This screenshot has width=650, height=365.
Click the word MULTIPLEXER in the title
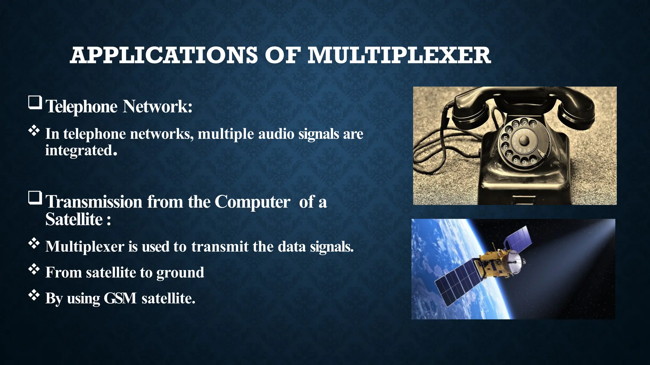[x=399, y=55]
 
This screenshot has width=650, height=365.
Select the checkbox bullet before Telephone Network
[x=35, y=103]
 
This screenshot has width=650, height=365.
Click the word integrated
[x=81, y=150]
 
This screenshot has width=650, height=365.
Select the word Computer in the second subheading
[x=252, y=202]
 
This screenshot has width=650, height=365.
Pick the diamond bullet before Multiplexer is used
[x=34, y=244]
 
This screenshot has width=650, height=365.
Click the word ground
[x=180, y=272]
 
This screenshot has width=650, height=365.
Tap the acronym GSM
[x=120, y=298]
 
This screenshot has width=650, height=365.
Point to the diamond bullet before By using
[x=34, y=296]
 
